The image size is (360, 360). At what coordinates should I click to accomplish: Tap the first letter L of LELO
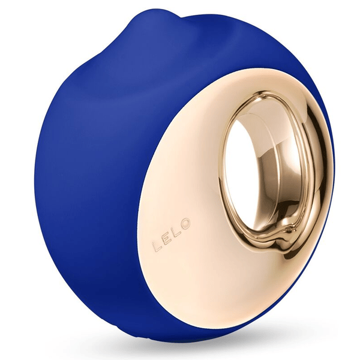(157, 245)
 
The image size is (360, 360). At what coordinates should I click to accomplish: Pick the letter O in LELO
(185, 223)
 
